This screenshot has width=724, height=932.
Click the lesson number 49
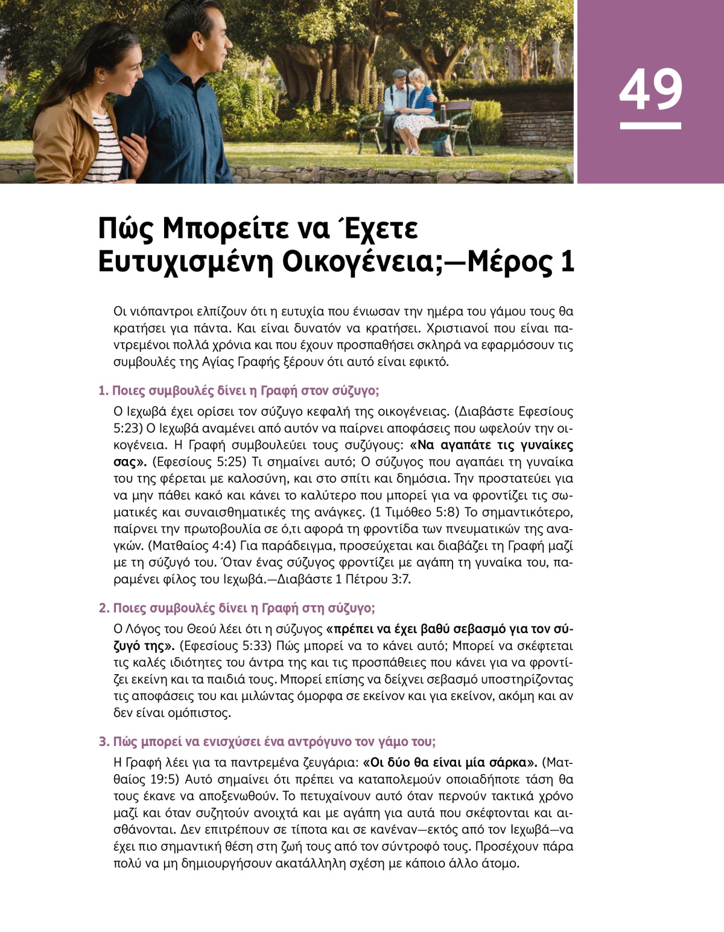(x=650, y=89)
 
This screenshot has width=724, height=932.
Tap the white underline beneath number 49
(x=650, y=126)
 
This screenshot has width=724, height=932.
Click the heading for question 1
(x=239, y=390)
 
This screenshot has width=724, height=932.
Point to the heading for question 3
(x=267, y=741)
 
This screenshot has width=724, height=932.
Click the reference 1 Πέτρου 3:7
(x=374, y=579)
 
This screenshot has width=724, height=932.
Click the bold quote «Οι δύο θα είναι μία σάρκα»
(x=450, y=762)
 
